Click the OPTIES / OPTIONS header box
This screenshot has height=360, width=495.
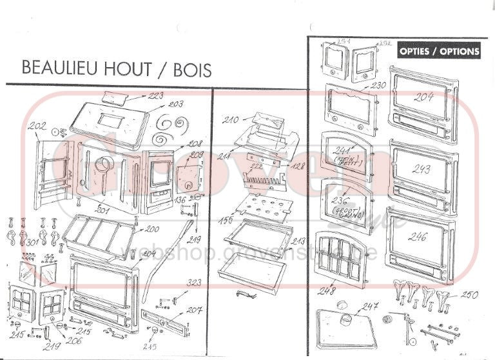tap(438, 51)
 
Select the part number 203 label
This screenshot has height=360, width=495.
tap(176, 103)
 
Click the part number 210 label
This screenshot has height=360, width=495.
tap(231, 120)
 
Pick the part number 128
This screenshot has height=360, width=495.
tap(297, 166)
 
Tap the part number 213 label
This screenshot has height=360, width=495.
tap(298, 241)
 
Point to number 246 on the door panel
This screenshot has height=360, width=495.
tap(418, 237)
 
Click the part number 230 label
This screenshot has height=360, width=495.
tap(378, 85)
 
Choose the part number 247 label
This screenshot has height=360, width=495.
tap(369, 307)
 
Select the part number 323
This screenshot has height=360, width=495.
tap(194, 283)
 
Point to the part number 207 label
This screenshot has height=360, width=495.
tap(195, 310)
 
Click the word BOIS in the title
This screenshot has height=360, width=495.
tap(193, 69)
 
